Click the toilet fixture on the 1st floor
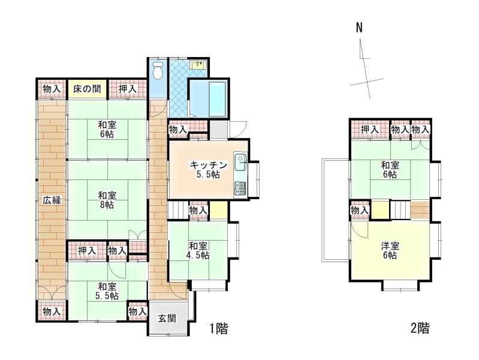[x=158, y=71]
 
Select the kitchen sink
[x=241, y=162]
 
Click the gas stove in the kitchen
[x=240, y=188]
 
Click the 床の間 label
[x=87, y=89]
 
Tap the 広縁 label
[x=52, y=200]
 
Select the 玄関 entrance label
[x=167, y=319]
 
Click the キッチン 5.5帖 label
[x=209, y=170]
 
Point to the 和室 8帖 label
[x=107, y=200]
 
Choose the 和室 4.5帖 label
[x=198, y=251]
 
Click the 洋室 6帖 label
[x=390, y=251]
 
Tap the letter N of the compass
[x=359, y=28]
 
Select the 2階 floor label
[x=420, y=328]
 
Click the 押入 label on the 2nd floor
[x=370, y=130]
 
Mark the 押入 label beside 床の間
[x=127, y=89]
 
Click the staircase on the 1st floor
[x=178, y=210]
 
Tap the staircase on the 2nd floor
[x=400, y=209]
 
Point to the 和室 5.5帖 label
[x=107, y=291]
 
